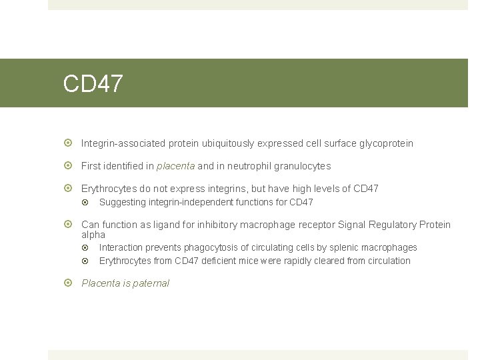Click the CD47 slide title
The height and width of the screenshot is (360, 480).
[93, 84]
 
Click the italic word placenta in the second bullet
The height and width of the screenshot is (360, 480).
[175, 166]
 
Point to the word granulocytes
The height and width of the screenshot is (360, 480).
[301, 166]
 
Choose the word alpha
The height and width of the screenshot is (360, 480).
[93, 235]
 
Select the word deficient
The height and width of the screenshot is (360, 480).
[225, 261]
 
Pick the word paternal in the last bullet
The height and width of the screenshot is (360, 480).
[151, 283]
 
